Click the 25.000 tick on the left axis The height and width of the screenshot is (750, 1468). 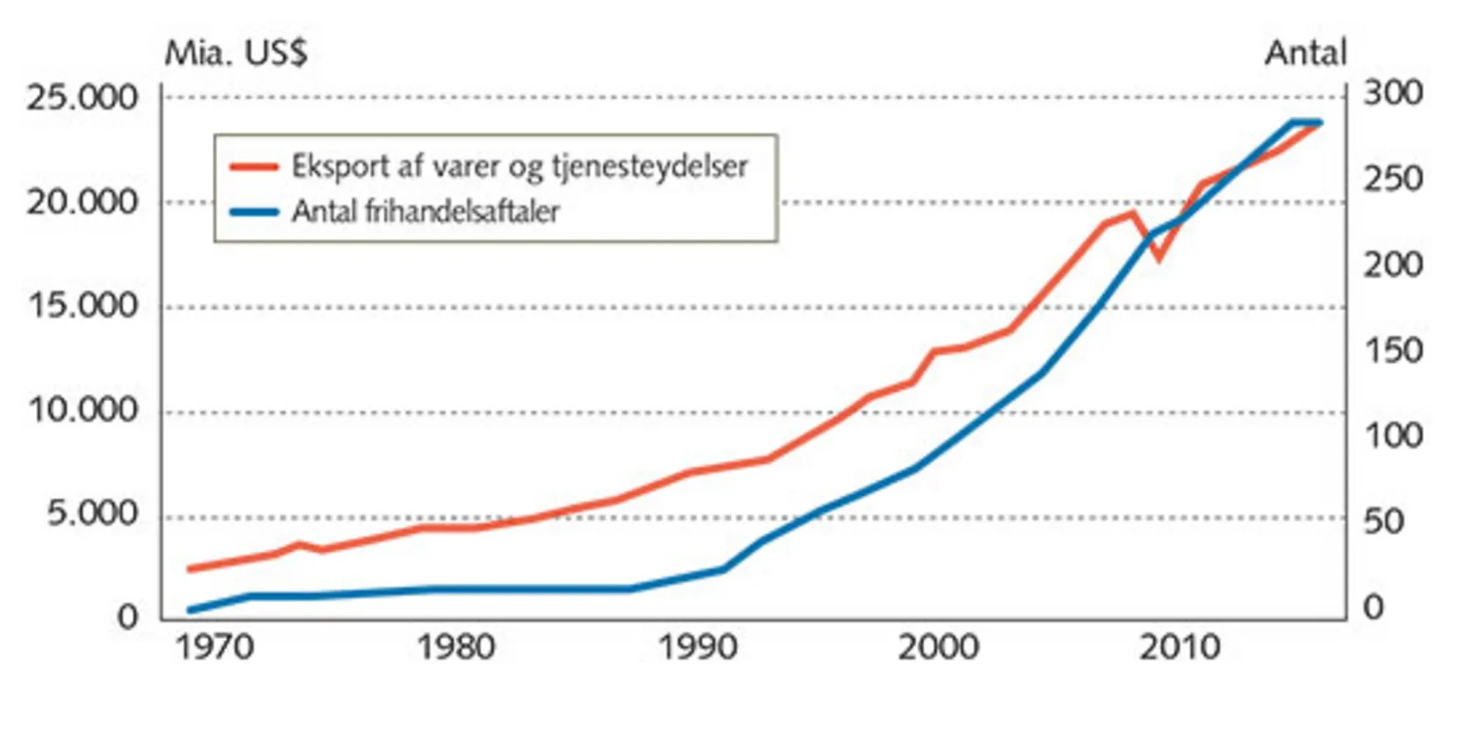point(82,98)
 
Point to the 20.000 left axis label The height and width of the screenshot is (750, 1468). point(82,203)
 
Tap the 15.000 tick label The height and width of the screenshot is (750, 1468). point(82,306)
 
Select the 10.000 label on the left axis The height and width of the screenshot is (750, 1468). point(82,411)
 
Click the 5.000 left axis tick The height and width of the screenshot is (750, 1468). point(92,514)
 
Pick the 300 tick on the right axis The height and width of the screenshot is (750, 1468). point(1392,94)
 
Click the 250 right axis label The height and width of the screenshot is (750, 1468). point(1392,180)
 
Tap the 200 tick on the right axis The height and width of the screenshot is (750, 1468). point(1392,266)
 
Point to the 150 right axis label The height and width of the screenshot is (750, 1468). point(1392,351)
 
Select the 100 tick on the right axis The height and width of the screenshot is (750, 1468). point(1392,437)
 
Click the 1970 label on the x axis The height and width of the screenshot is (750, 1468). point(215,648)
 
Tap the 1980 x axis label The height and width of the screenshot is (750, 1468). point(456,648)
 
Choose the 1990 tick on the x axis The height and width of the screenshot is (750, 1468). point(697,648)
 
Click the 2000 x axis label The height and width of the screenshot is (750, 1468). point(938,648)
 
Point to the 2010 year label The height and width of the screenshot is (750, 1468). point(1179,648)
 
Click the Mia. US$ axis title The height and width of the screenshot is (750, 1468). point(236,54)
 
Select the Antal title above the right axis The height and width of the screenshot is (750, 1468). point(1306,54)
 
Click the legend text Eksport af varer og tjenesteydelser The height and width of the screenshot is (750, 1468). point(520,167)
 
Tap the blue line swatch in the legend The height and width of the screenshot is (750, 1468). point(254,212)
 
